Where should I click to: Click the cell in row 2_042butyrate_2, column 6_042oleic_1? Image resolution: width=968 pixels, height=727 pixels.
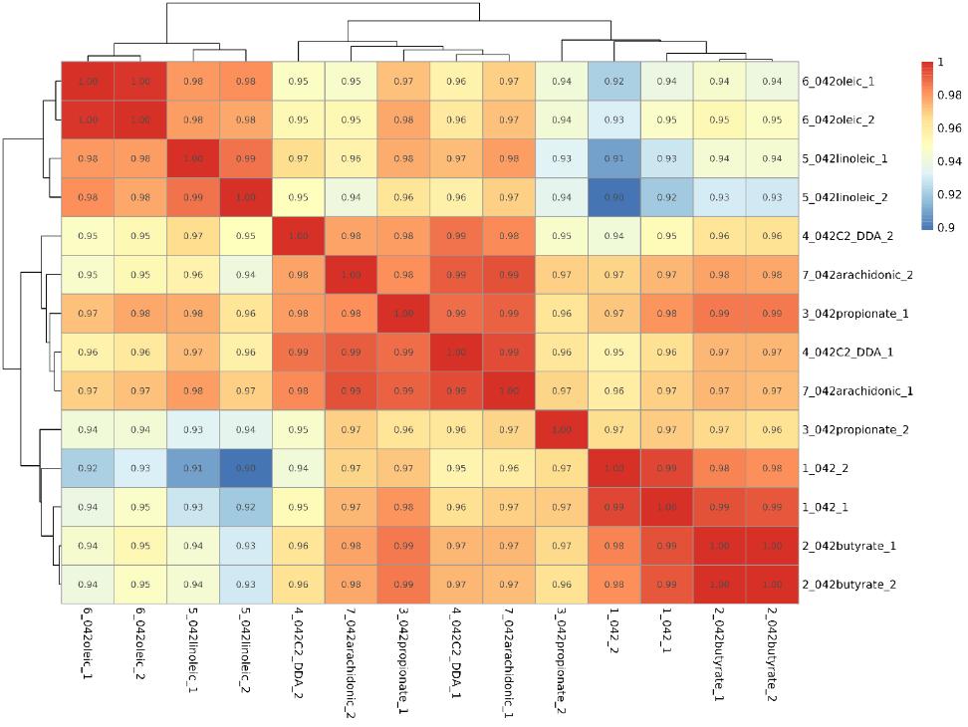(x=88, y=585)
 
